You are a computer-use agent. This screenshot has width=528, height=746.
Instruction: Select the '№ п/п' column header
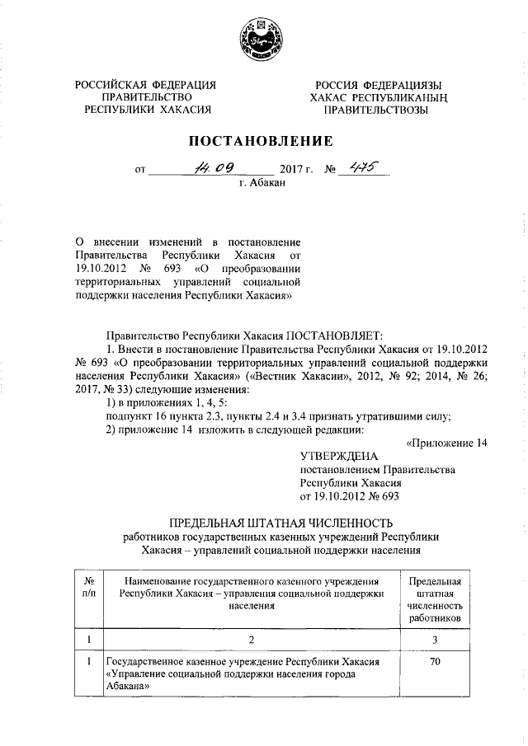click(x=89, y=588)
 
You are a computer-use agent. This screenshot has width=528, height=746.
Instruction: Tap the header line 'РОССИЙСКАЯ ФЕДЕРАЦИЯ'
click(x=145, y=85)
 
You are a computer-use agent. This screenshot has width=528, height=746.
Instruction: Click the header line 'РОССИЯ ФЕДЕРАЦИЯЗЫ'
click(x=377, y=85)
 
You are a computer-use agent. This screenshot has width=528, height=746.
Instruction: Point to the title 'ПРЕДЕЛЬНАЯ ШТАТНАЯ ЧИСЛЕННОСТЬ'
click(x=280, y=523)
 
